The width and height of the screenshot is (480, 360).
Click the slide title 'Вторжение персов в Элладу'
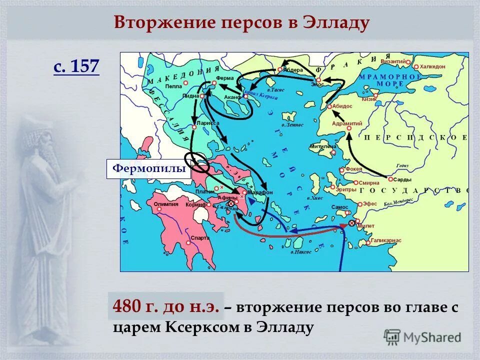(x=241, y=22)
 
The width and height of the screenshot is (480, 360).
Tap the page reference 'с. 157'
(x=76, y=66)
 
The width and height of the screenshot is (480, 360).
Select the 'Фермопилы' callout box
(x=149, y=169)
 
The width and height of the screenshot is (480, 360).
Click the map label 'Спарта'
(x=199, y=238)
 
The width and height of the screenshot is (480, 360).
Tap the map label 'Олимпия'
(x=165, y=204)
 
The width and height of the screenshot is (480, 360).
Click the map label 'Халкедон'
(x=431, y=66)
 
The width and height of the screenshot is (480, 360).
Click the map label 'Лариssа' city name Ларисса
(x=208, y=122)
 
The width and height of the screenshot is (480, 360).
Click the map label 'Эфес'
(x=370, y=203)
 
